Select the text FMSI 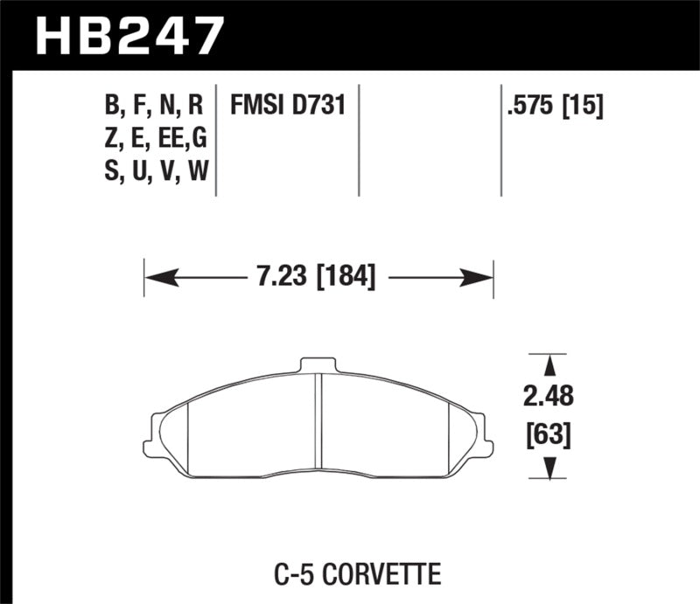tap(255, 107)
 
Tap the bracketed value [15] tap(585, 107)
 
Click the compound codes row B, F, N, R tap(154, 107)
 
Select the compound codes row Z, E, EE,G tap(154, 140)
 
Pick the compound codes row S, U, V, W tap(154, 172)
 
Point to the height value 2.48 tap(549, 398)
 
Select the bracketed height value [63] tap(549, 433)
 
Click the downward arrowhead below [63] tap(549, 469)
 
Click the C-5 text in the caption tap(309, 575)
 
